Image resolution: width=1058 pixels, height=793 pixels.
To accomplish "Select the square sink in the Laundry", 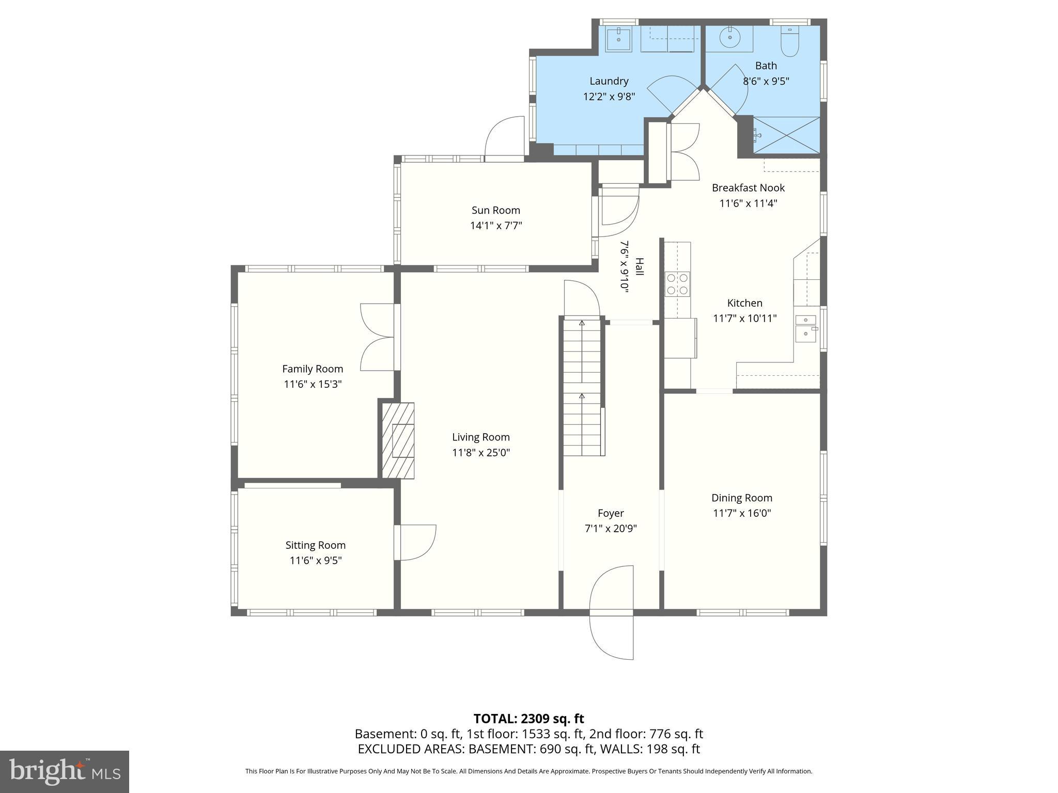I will (x=618, y=39).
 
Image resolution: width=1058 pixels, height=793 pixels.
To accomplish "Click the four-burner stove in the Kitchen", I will (x=677, y=284).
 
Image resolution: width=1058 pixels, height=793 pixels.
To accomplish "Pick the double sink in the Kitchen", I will (x=805, y=328).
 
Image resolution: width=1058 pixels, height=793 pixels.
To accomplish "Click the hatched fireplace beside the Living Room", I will (x=398, y=440).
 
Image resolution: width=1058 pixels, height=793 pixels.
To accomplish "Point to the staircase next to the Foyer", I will (x=582, y=387).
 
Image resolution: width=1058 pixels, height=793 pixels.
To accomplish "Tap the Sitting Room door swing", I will (x=416, y=542).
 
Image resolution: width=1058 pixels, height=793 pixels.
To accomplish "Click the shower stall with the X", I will (x=786, y=135).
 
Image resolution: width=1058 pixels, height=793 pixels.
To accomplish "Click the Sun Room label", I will (x=495, y=210).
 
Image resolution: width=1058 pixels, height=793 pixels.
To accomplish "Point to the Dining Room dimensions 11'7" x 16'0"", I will (x=741, y=513).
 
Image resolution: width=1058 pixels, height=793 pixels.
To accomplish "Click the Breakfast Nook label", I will (x=748, y=188).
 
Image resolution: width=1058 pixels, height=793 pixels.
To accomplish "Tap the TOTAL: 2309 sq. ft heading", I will (x=528, y=718).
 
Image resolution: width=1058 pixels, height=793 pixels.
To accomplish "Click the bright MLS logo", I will (x=64, y=771).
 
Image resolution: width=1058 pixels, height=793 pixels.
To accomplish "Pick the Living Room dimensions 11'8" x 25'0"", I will (x=480, y=453).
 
